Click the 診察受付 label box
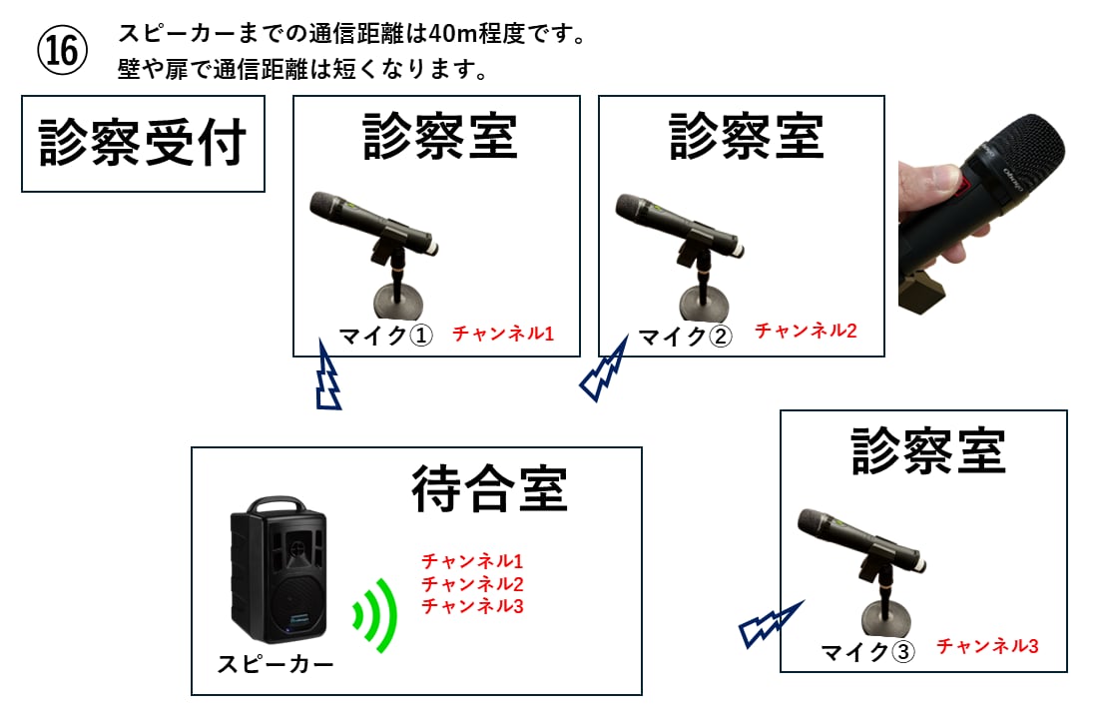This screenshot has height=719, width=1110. coord(143,144)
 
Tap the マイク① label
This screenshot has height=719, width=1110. coord(385,336)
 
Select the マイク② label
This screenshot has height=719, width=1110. coord(685,336)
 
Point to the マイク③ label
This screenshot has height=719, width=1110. coord(867,652)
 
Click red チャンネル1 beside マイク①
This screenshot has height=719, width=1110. coord(503,334)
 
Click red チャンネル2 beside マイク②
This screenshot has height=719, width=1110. coord(806,331)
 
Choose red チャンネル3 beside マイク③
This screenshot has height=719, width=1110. coord(987,646)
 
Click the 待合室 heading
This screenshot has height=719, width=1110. coord(489,488)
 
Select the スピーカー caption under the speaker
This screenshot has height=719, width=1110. coord(276,663)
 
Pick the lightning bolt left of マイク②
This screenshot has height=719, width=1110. coord(604,370)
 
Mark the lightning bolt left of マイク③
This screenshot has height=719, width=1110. coord(770,623)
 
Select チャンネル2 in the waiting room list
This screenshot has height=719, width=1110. coord(472,583)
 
